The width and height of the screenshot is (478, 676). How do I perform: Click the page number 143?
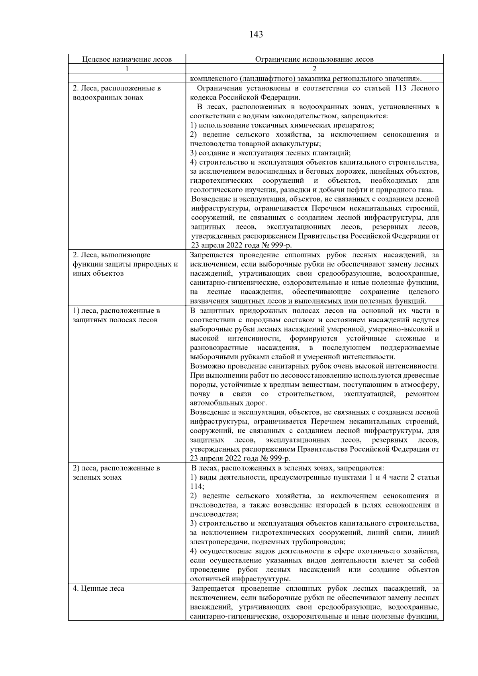(x=256, y=35)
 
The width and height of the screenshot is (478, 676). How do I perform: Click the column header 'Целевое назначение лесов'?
(x=127, y=59)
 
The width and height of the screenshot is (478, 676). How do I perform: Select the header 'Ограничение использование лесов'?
(x=314, y=59)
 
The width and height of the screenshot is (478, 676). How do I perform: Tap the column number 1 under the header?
(x=127, y=69)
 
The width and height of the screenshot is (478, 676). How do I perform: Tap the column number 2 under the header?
(x=314, y=69)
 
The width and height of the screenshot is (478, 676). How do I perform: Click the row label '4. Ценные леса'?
(x=98, y=588)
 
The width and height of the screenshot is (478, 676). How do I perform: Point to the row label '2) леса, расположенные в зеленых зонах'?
(x=116, y=472)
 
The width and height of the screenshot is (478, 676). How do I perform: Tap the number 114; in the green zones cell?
(x=197, y=486)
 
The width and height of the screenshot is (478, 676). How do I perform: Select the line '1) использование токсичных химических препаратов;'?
(x=282, y=125)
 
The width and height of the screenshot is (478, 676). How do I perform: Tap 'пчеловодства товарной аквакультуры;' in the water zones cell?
(x=256, y=144)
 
